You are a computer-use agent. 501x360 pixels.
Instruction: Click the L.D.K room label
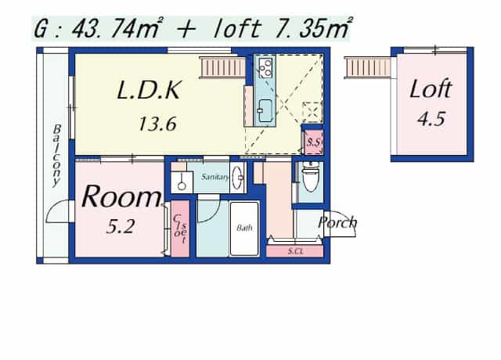(150, 90)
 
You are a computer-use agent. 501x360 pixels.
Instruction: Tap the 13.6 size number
(157, 124)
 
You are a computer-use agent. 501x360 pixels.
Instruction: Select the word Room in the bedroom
(121, 196)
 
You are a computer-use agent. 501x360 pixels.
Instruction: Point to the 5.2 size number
(121, 226)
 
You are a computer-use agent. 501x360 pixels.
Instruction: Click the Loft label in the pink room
(431, 88)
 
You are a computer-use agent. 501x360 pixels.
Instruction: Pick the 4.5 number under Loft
(431, 119)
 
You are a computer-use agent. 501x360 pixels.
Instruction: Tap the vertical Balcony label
(56, 156)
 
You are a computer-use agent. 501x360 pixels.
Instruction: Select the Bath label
(244, 228)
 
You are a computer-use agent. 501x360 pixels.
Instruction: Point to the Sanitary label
(214, 177)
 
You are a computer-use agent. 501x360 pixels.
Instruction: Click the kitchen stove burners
(265, 68)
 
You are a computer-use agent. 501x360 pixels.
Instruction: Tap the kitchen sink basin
(265, 110)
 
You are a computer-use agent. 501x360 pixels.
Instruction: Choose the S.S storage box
(313, 142)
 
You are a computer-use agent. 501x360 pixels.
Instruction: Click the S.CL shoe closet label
(295, 251)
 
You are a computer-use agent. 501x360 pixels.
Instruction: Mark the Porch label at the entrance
(337, 222)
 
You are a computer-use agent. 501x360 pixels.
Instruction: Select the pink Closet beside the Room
(180, 229)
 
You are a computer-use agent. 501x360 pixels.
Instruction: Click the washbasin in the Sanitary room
(237, 178)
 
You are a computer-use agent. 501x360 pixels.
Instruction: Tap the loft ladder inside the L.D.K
(222, 67)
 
